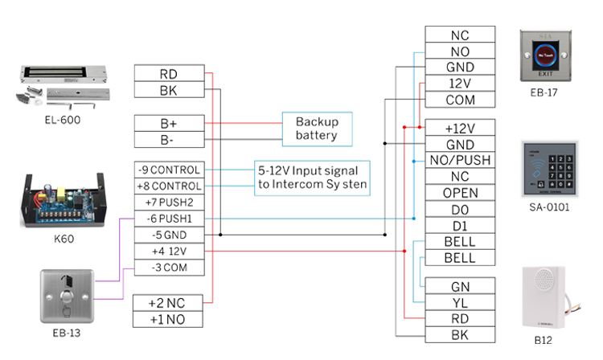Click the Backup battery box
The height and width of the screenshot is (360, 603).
click(x=316, y=128)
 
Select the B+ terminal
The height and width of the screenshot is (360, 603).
click(x=168, y=123)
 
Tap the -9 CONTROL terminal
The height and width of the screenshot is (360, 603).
click(x=168, y=170)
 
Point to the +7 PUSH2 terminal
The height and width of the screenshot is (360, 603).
click(x=168, y=202)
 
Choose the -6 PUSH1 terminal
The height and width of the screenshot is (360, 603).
click(x=168, y=219)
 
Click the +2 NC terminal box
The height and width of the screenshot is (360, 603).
click(x=168, y=302)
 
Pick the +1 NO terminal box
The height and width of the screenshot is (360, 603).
click(x=168, y=318)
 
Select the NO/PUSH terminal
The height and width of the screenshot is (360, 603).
click(x=460, y=161)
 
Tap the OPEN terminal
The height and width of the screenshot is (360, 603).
click(x=460, y=193)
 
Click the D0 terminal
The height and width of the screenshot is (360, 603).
click(x=460, y=209)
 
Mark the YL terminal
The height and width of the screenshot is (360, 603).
click(x=460, y=302)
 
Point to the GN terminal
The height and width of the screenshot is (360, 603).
click(x=460, y=285)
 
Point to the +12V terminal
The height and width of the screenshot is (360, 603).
click(x=460, y=128)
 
